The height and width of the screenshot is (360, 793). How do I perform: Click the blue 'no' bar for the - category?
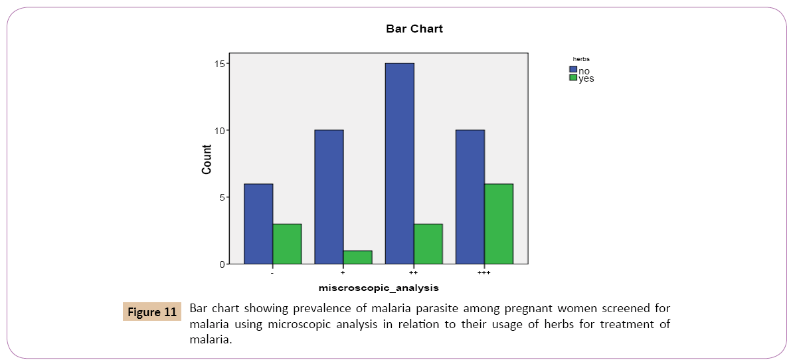258,224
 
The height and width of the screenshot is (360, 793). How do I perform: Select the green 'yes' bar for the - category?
287,244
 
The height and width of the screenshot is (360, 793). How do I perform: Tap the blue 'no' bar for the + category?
329,197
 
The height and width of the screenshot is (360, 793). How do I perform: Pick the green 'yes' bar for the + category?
357,257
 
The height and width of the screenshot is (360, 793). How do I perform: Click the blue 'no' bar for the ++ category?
399,163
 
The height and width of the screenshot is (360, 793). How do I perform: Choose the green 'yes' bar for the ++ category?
428,244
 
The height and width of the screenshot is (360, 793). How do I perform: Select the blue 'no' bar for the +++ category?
470,197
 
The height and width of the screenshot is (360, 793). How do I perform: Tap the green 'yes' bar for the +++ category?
499,224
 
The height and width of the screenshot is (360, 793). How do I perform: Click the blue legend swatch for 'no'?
573,69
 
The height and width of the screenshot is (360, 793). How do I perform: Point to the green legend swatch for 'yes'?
573,78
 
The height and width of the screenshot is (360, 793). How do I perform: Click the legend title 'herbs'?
581,59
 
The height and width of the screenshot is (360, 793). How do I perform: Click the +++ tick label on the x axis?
484,273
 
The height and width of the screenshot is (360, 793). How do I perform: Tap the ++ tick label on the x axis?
413,273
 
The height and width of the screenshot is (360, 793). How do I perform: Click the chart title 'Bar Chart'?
414,29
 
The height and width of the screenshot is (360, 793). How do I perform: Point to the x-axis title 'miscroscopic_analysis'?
379,288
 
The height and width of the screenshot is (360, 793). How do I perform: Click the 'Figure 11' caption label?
152,312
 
